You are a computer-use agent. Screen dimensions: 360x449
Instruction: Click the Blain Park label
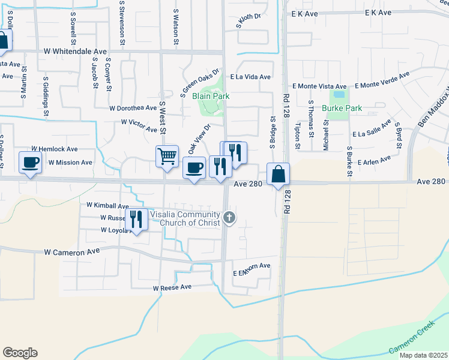coord(211,96)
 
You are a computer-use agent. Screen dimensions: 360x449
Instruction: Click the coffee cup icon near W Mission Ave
coord(30,161)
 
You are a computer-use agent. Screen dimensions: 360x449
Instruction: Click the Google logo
coord(20,353)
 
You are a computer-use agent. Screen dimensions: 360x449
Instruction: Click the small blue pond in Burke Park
coord(339,94)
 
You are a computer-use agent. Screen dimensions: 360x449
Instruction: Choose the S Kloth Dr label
coord(249,22)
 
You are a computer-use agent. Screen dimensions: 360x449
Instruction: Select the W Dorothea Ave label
coord(133,108)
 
